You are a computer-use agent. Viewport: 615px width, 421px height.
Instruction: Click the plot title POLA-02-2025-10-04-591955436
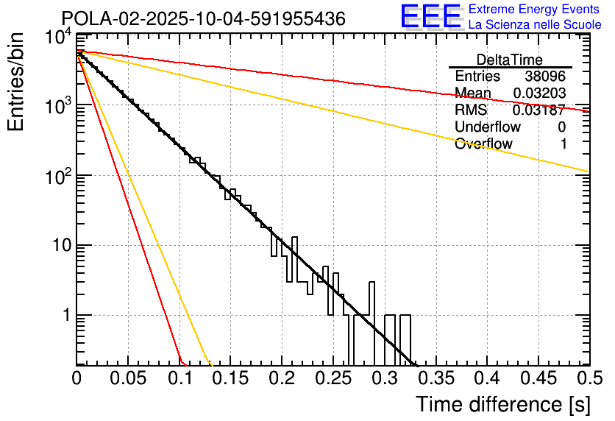[x=203, y=19]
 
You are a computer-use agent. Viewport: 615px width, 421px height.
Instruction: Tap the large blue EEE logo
[x=430, y=17]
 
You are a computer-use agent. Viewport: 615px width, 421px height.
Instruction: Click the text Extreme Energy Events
[x=535, y=10]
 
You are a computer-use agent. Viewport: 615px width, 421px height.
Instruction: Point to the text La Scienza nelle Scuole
[x=535, y=24]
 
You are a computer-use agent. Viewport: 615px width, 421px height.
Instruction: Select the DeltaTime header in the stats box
[x=510, y=60]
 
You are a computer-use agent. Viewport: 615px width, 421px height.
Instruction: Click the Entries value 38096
[x=545, y=77]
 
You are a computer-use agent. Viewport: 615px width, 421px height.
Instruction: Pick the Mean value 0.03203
[x=538, y=93]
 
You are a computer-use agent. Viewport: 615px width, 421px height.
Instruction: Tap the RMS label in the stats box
[x=471, y=110]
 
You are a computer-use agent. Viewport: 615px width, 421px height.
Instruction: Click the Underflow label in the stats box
[x=483, y=127]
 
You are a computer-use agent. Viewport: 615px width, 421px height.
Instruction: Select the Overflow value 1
[x=563, y=144]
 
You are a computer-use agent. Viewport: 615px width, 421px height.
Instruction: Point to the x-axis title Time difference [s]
[x=502, y=404]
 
